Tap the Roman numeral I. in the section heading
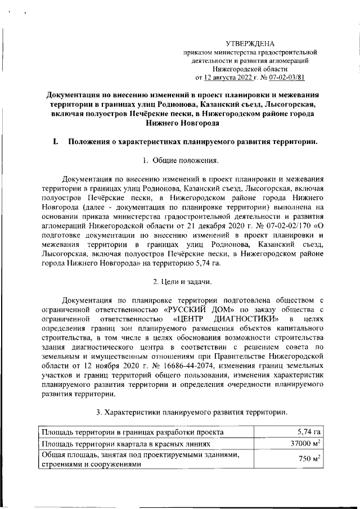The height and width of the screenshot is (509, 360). click(55, 142)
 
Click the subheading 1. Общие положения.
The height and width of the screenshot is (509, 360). click(179, 162)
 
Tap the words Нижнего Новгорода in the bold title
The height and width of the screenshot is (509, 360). click(179, 123)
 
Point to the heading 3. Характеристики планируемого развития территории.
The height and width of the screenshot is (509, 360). click(191, 412)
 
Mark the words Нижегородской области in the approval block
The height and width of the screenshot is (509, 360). click(254, 69)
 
